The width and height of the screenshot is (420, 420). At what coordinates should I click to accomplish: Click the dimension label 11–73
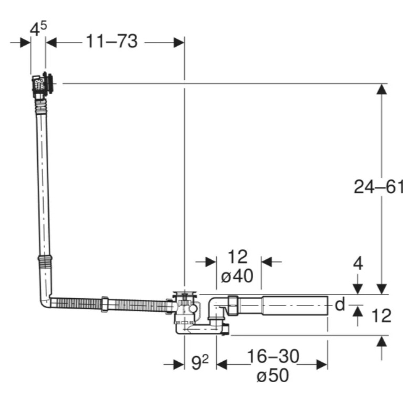click(x=112, y=41)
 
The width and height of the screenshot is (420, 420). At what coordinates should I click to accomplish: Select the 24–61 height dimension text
click(x=379, y=187)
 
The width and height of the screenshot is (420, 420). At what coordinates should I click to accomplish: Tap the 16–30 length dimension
click(x=272, y=356)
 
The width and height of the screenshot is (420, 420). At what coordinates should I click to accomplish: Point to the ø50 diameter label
click(x=272, y=375)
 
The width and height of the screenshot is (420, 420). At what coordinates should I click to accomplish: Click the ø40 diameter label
click(x=237, y=276)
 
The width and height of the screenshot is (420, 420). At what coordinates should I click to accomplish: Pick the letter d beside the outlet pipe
click(x=340, y=304)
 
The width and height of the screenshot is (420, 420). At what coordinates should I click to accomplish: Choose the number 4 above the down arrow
click(x=358, y=264)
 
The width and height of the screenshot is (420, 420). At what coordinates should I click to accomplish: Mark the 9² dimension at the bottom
click(x=200, y=362)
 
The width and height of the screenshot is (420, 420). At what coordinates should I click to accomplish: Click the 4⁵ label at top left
click(x=38, y=28)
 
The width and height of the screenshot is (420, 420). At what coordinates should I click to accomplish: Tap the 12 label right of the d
click(x=382, y=316)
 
